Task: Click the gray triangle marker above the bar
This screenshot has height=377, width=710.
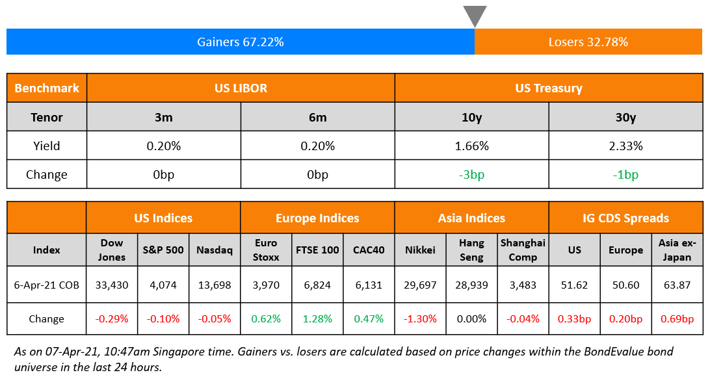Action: click(x=475, y=14)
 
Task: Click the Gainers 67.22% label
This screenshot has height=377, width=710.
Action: click(x=241, y=42)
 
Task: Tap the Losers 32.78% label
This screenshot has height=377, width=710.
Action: click(x=588, y=42)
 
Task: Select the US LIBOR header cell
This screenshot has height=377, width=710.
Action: click(x=241, y=88)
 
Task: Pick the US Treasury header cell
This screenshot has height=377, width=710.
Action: click(x=549, y=88)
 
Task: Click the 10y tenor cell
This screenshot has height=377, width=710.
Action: click(x=471, y=117)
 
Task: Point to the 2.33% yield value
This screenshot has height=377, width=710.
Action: click(x=625, y=146)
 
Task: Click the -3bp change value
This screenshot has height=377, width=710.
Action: click(x=471, y=174)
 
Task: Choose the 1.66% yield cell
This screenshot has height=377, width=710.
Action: click(x=471, y=146)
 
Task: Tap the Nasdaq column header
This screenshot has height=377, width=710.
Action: click(x=215, y=250)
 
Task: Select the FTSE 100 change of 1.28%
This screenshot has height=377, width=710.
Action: click(x=317, y=318)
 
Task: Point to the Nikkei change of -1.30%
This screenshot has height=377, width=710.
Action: click(x=421, y=318)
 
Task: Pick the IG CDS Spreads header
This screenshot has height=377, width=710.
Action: click(x=625, y=218)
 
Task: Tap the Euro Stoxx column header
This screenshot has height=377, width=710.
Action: click(x=266, y=250)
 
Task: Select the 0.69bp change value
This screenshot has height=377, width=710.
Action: click(x=677, y=318)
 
